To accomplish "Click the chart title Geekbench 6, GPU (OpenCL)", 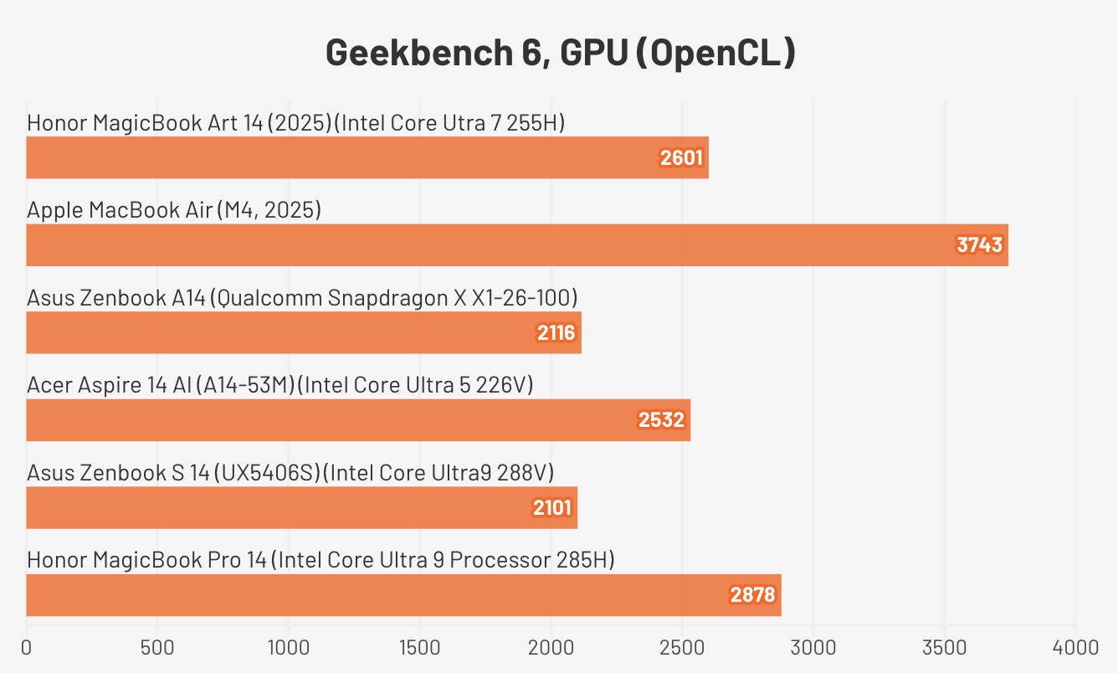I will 560,53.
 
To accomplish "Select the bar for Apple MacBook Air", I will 516,245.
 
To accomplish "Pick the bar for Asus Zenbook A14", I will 303,333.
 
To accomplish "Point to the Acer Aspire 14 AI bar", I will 357,420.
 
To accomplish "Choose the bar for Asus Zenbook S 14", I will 301,507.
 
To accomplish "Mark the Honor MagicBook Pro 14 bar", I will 403,595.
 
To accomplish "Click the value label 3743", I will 980,245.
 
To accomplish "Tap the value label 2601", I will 681,158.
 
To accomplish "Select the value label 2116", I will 556,333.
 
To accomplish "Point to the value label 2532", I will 662,420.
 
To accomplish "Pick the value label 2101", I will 552,507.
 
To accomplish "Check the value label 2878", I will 753,595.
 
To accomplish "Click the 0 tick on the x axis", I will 27,647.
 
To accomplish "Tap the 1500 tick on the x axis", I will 420,647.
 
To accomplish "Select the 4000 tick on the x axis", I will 1075,647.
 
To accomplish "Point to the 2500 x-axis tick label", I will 682,647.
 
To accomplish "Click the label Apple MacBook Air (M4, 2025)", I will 174,210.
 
